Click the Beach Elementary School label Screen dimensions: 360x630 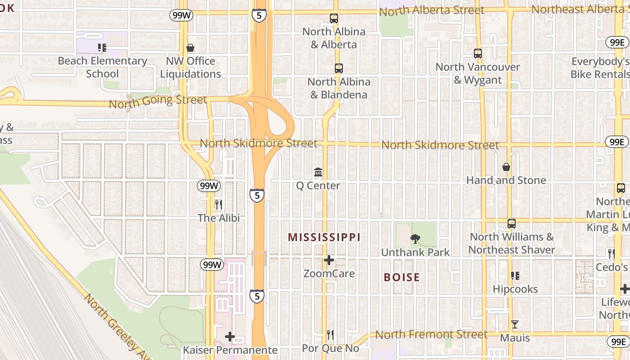click(103, 67)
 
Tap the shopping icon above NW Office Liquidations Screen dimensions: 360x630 click(190, 48)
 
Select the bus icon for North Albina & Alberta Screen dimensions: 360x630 click(333, 18)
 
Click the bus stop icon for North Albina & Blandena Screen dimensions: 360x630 click(338, 68)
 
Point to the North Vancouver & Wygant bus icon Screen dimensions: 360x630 click(478, 54)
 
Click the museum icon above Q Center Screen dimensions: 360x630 click(318, 172)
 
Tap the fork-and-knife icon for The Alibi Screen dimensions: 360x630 click(219, 205)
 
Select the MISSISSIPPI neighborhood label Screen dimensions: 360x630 click(324, 237)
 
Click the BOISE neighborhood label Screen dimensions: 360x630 click(401, 277)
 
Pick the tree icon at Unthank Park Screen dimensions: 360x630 click(415, 239)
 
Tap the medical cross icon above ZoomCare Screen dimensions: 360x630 click(329, 260)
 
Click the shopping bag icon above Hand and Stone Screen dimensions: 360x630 click(506, 167)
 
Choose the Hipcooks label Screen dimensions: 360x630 click(515, 289)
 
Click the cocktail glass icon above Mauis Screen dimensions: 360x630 click(515, 324)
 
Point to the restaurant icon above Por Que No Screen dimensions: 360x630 click(330, 335)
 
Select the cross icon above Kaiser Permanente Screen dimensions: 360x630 click(230, 337)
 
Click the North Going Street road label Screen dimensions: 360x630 click(158, 101)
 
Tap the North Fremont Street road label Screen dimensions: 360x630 click(431, 334)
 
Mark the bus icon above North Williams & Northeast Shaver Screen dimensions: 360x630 click(511, 224)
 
